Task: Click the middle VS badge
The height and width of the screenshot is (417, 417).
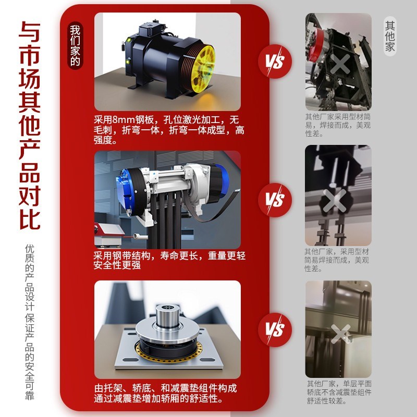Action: (x=275, y=200)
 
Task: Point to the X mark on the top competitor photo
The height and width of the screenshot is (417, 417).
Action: (x=340, y=65)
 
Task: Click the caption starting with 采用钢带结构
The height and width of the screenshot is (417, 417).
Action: (x=169, y=261)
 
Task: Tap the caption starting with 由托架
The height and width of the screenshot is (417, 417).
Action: (x=166, y=394)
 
